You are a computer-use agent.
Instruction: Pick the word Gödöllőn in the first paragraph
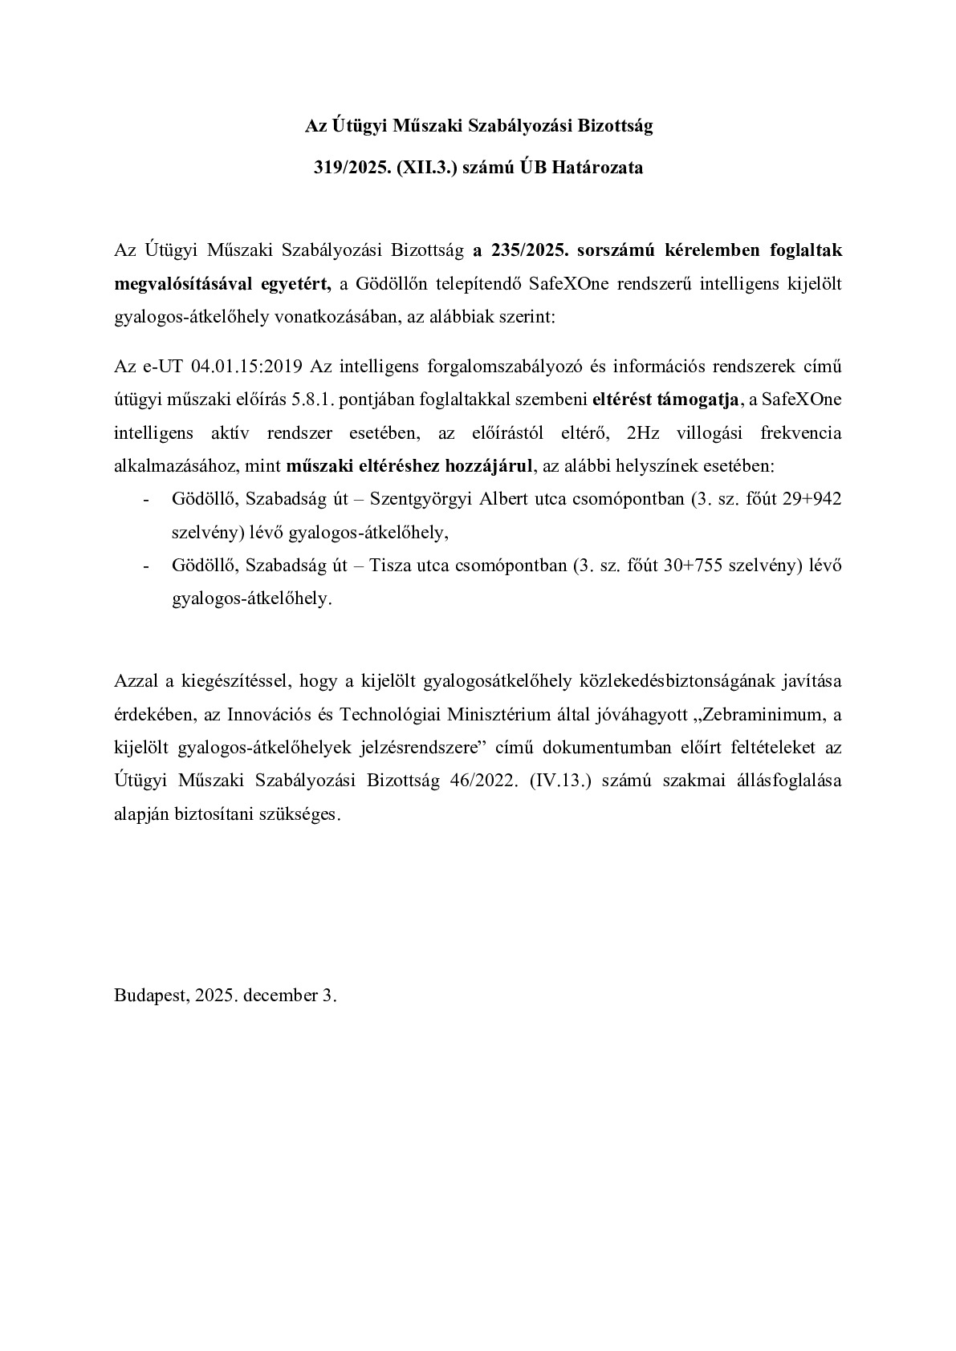coord(388,283)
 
